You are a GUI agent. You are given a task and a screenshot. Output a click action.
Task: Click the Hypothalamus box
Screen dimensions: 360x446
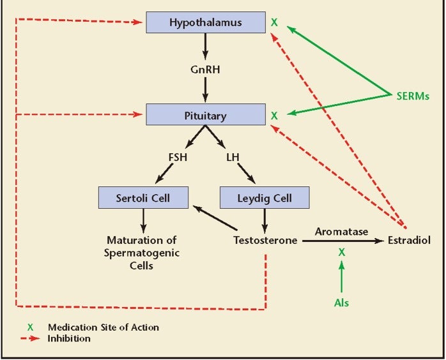pyautogui.click(x=205, y=23)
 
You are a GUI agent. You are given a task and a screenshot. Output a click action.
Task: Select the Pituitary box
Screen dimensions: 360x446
pyautogui.click(x=205, y=116)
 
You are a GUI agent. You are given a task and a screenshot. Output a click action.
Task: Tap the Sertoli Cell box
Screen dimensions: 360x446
pyautogui.click(x=143, y=197)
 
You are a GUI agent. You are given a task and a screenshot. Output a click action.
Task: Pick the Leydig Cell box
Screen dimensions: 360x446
pyautogui.click(x=265, y=197)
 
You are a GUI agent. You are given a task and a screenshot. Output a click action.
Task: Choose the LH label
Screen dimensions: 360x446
pyautogui.click(x=232, y=156)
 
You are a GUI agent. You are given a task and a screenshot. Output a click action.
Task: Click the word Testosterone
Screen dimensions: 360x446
pyautogui.click(x=265, y=241)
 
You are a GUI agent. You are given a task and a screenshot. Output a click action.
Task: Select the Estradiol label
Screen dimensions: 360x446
pyautogui.click(x=410, y=241)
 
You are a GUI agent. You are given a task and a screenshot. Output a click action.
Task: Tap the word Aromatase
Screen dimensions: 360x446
pyautogui.click(x=342, y=232)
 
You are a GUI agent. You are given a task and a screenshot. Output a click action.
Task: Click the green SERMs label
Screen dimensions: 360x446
pyautogui.click(x=410, y=96)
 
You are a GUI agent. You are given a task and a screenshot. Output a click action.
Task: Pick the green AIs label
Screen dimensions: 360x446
pyautogui.click(x=342, y=303)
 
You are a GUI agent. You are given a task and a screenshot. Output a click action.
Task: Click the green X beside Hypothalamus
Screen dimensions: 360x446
pyautogui.click(x=275, y=23)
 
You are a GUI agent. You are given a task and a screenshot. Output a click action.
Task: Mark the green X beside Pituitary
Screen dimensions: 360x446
pyautogui.click(x=275, y=116)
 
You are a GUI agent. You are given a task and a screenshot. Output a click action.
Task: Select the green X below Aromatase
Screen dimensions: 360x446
pyautogui.click(x=342, y=253)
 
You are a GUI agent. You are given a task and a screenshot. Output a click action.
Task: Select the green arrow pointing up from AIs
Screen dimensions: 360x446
pyautogui.click(x=342, y=278)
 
